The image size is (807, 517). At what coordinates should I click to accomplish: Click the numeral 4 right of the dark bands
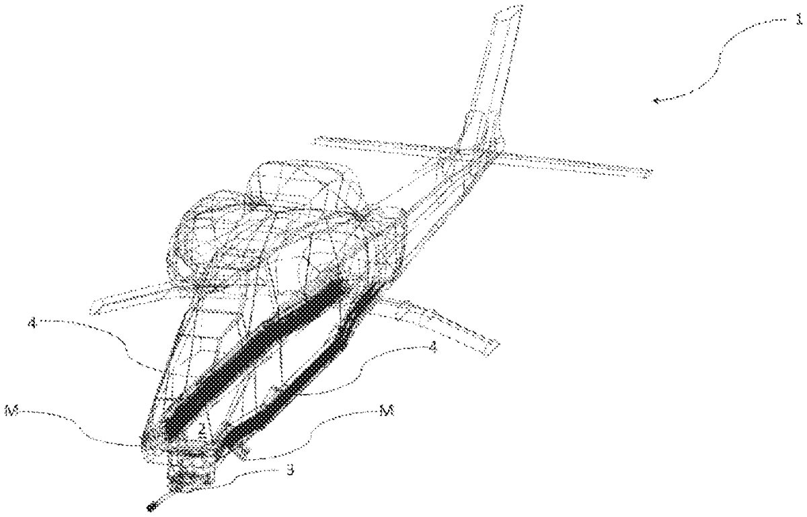[434, 349]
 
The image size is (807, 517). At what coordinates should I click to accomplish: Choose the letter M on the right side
[385, 413]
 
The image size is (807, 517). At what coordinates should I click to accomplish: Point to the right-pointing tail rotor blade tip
[650, 173]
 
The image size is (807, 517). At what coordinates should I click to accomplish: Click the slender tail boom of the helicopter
[430, 195]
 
